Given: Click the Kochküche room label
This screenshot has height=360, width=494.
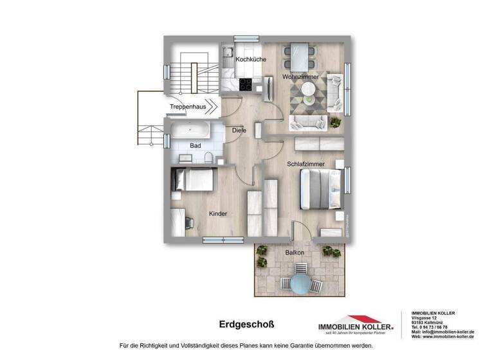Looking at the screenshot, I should click(251, 60).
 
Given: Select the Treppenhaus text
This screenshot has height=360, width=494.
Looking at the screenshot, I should click(188, 107).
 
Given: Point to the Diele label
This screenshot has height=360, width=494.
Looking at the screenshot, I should click(239, 130).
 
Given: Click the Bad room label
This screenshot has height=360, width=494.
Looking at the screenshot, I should click(196, 146).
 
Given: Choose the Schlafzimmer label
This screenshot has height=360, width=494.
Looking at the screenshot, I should click(306, 165).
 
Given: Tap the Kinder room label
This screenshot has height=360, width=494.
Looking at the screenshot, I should click(218, 213).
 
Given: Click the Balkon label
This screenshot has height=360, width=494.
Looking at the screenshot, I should click(295, 253).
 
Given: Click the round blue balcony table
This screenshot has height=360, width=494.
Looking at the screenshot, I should click(298, 282).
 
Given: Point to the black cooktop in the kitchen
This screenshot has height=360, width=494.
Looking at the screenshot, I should click(247, 84).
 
